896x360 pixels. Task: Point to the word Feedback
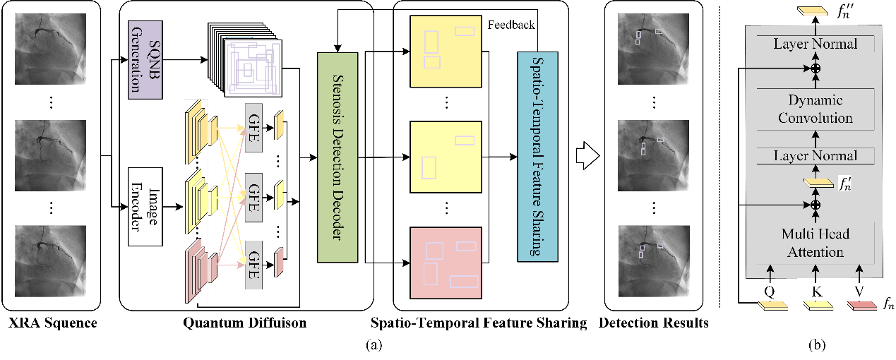click(510, 25)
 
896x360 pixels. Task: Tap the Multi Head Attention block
click(815, 243)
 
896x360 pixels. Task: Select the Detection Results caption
click(654, 324)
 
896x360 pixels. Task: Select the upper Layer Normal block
click(815, 44)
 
